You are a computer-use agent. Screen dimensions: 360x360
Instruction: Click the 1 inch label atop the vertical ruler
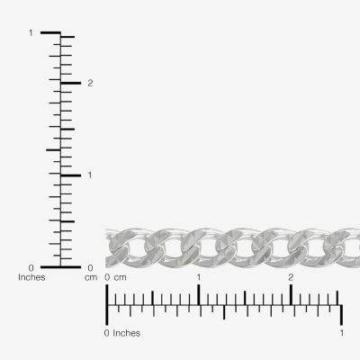(31, 33)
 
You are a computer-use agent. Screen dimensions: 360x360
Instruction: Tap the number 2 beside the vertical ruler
(90, 84)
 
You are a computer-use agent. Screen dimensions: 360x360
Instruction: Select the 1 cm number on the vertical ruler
(90, 175)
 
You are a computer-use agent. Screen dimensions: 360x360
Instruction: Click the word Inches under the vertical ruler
(31, 277)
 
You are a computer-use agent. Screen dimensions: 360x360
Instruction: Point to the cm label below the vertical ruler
(91, 278)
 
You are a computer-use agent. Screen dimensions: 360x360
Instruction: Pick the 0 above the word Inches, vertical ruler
(31, 267)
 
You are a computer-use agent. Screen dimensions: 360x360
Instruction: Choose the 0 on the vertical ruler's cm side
(90, 267)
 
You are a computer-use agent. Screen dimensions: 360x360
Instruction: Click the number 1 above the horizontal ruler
(199, 277)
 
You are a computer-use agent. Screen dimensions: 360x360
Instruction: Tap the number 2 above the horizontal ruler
(291, 277)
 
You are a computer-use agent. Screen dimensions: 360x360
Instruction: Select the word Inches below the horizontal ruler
(126, 333)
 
